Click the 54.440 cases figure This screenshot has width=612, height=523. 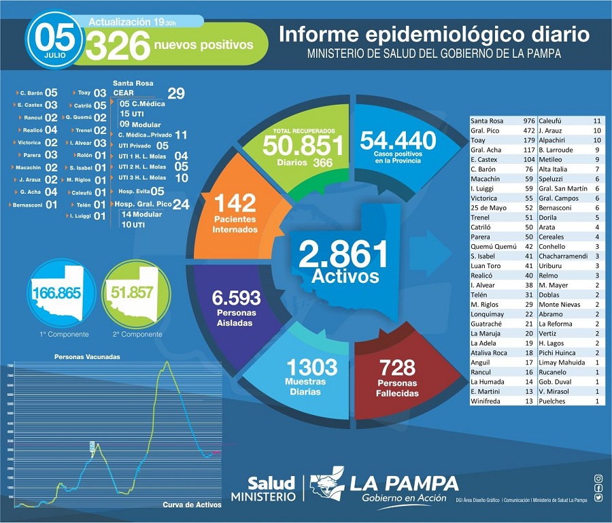pos(398,141)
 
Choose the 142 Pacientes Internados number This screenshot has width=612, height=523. pos(234,203)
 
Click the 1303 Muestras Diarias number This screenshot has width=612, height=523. pos(311,367)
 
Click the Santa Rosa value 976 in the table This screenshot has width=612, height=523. pos(529,120)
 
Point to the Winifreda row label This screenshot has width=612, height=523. pos(488,401)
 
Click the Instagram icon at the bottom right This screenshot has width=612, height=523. pos(598,479)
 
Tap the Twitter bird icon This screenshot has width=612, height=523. pos(598,497)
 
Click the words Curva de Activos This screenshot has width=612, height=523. pos(192,504)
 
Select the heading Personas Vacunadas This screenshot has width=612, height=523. pos(88,356)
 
